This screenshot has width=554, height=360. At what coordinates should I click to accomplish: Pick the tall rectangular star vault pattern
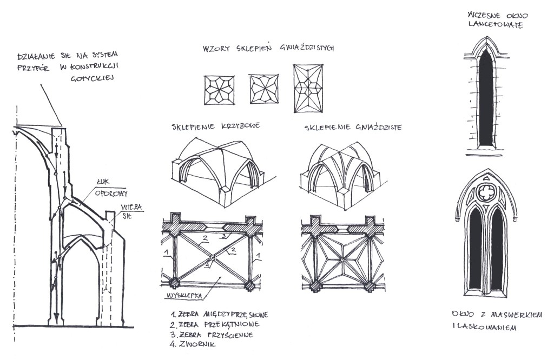pyautogui.click(x=308, y=89)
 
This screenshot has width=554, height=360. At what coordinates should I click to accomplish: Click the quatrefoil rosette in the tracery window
pyautogui.click(x=485, y=192)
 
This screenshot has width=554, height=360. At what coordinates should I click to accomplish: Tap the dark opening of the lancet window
pyautogui.click(x=486, y=100)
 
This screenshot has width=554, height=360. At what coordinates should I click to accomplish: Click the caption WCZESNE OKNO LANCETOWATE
pyautogui.click(x=493, y=19)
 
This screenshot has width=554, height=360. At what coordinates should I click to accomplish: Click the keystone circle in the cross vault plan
pyautogui.click(x=213, y=258)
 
